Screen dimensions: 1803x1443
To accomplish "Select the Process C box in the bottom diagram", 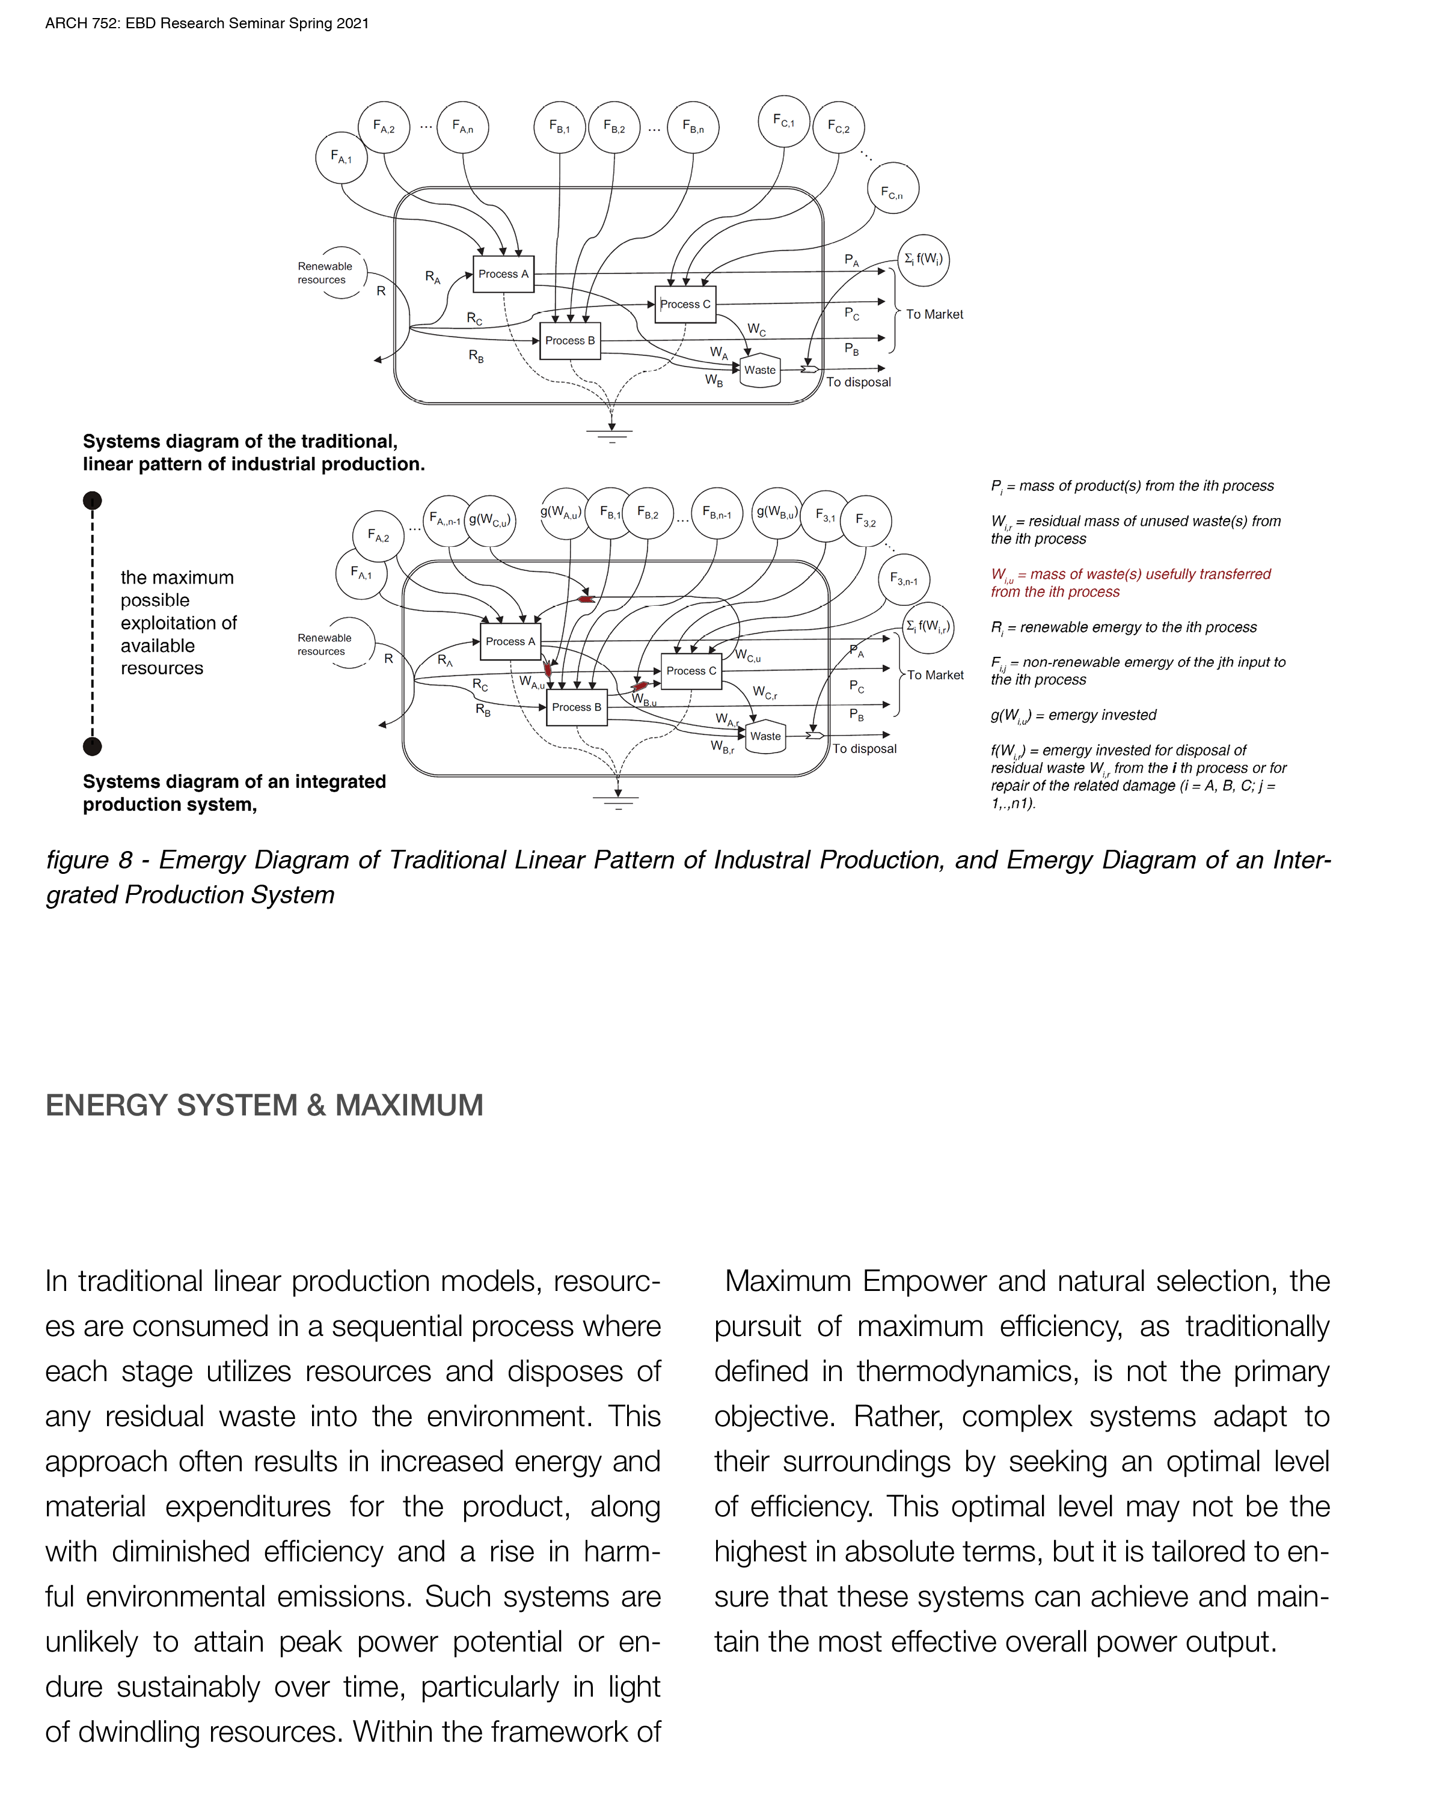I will [x=691, y=671].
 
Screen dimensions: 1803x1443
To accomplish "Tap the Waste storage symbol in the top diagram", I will [x=759, y=370].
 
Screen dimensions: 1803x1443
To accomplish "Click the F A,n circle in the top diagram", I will [x=462, y=127].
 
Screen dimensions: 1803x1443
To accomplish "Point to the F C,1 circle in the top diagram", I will [x=784, y=121].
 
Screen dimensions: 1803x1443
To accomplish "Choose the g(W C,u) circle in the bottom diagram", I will [x=489, y=520].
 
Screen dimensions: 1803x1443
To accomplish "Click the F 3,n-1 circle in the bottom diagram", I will [x=904, y=579].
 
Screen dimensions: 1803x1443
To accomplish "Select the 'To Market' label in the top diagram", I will [x=934, y=314].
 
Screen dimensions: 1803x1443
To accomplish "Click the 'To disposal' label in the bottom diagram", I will [x=864, y=748].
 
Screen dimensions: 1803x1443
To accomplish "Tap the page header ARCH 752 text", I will [x=207, y=23].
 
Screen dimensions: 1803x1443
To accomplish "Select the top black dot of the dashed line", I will [x=92, y=501].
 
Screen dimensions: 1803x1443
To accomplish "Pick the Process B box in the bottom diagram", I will [x=577, y=707].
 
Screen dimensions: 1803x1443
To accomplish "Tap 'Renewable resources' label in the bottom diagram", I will [x=325, y=644].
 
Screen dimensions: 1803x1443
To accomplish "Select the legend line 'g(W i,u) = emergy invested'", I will [x=1073, y=716].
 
